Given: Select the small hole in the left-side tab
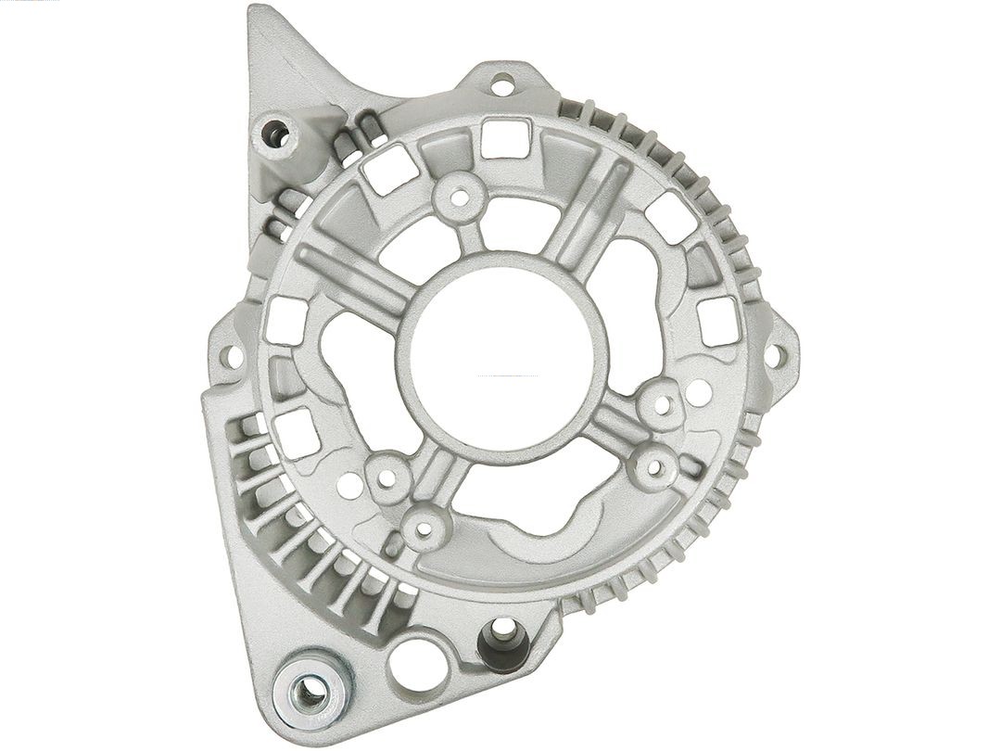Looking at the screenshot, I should point(233,353).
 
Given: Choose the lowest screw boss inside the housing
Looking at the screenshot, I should point(424,529).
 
